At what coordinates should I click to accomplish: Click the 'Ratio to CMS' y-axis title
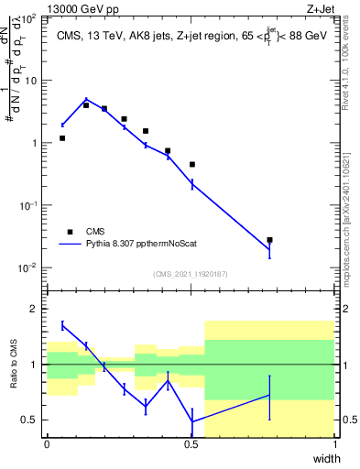12,376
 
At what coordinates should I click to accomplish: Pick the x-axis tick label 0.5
191,444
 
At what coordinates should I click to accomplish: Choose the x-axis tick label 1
334,444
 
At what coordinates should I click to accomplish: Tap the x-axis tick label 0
48,444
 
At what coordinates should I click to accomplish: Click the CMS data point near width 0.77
269,240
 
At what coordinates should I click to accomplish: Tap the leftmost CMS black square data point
62,138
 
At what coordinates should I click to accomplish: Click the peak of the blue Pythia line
86,100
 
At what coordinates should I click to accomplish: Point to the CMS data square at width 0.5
192,165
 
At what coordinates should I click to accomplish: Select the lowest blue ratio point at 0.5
192,421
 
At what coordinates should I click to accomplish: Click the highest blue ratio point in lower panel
62,325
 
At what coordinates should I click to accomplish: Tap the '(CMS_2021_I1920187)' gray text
191,273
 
